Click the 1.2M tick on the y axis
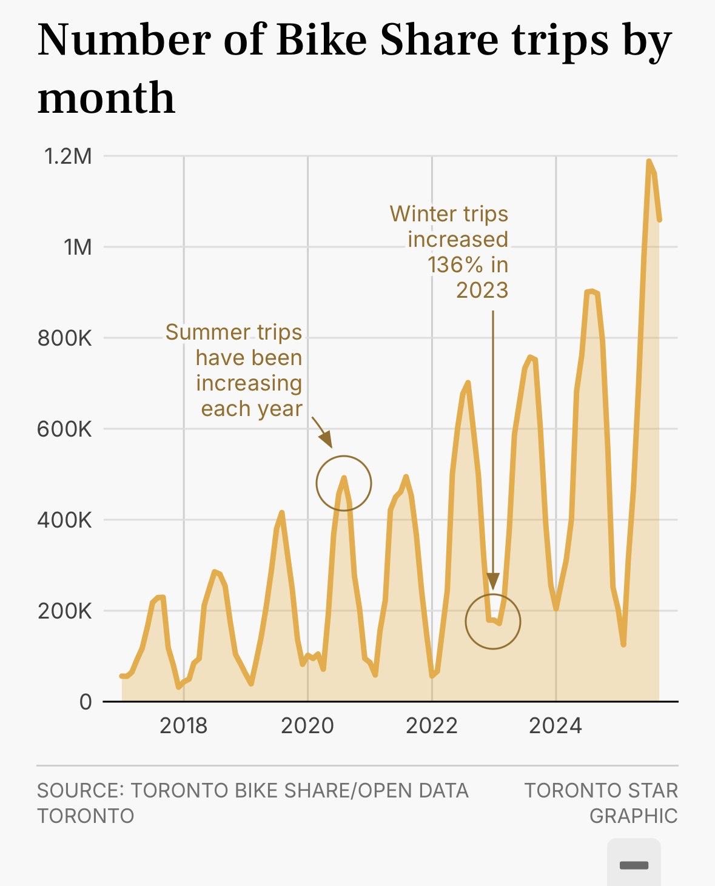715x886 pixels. pos(68,156)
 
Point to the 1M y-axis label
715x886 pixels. pos(78,247)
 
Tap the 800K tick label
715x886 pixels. pos(64,338)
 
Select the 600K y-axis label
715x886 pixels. pos(64,429)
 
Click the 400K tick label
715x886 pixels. pos(64,520)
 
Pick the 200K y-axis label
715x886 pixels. pos(64,611)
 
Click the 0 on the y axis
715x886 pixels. pos(86,702)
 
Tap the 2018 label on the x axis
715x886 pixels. pos(183,726)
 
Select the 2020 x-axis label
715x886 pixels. pos(307,726)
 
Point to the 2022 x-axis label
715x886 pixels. pos(432,726)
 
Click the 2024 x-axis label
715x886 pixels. pos(556,726)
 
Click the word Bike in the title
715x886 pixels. pos(321,40)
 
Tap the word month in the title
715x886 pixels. pos(106,98)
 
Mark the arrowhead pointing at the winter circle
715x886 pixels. pos(493,581)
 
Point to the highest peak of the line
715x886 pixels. pos(649,161)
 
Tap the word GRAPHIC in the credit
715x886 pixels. pos(633,816)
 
